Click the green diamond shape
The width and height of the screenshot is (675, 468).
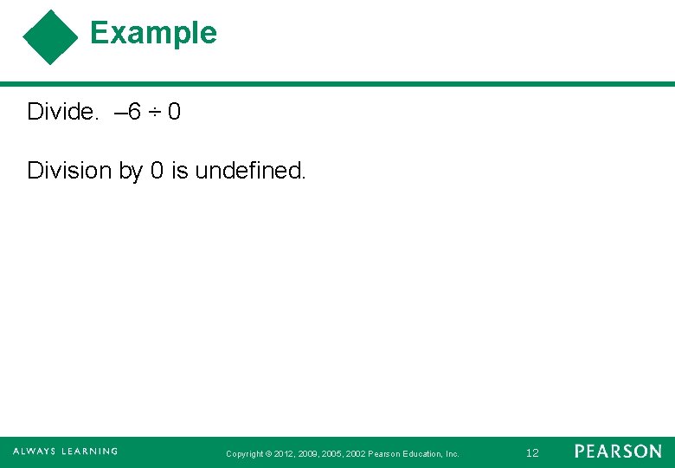click(x=50, y=37)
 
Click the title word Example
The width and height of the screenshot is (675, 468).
click(x=153, y=33)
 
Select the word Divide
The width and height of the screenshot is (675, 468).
click(x=63, y=112)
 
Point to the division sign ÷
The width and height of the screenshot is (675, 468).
click(x=155, y=113)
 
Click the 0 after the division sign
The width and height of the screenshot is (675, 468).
click(x=174, y=112)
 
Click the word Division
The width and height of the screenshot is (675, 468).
click(x=70, y=171)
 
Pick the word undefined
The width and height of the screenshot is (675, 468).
click(x=250, y=171)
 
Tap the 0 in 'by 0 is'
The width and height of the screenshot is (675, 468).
click(x=157, y=171)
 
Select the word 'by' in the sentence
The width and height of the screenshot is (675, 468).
click(x=130, y=172)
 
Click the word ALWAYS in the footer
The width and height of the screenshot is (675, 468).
click(x=34, y=452)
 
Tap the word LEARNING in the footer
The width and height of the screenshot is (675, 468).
click(x=89, y=452)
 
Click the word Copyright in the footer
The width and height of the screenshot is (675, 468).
click(x=244, y=453)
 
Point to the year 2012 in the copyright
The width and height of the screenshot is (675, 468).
click(x=284, y=453)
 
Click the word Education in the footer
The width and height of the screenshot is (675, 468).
click(x=422, y=453)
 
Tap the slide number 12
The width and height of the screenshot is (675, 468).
click(x=532, y=452)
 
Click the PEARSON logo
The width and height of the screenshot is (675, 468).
click(x=618, y=452)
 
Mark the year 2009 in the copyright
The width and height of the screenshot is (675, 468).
click(x=308, y=453)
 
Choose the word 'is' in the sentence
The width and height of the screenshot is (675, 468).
click(x=179, y=171)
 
